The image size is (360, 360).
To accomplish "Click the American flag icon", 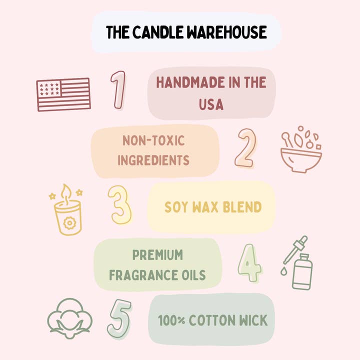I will tap(63, 94).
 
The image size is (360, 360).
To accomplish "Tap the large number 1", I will tap(118, 90).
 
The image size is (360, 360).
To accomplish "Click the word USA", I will tap(210, 104).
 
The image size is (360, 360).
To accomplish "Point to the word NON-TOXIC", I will tap(153, 140).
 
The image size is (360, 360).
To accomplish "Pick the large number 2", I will tap(245, 148).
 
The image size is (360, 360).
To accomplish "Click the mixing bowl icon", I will tap(301, 152).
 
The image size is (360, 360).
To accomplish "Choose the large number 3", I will tap(120, 205).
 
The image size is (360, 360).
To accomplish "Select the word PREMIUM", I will tap(157, 255).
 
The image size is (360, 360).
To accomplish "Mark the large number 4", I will tap(249, 262).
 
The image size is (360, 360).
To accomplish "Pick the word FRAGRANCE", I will tap(138, 275).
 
